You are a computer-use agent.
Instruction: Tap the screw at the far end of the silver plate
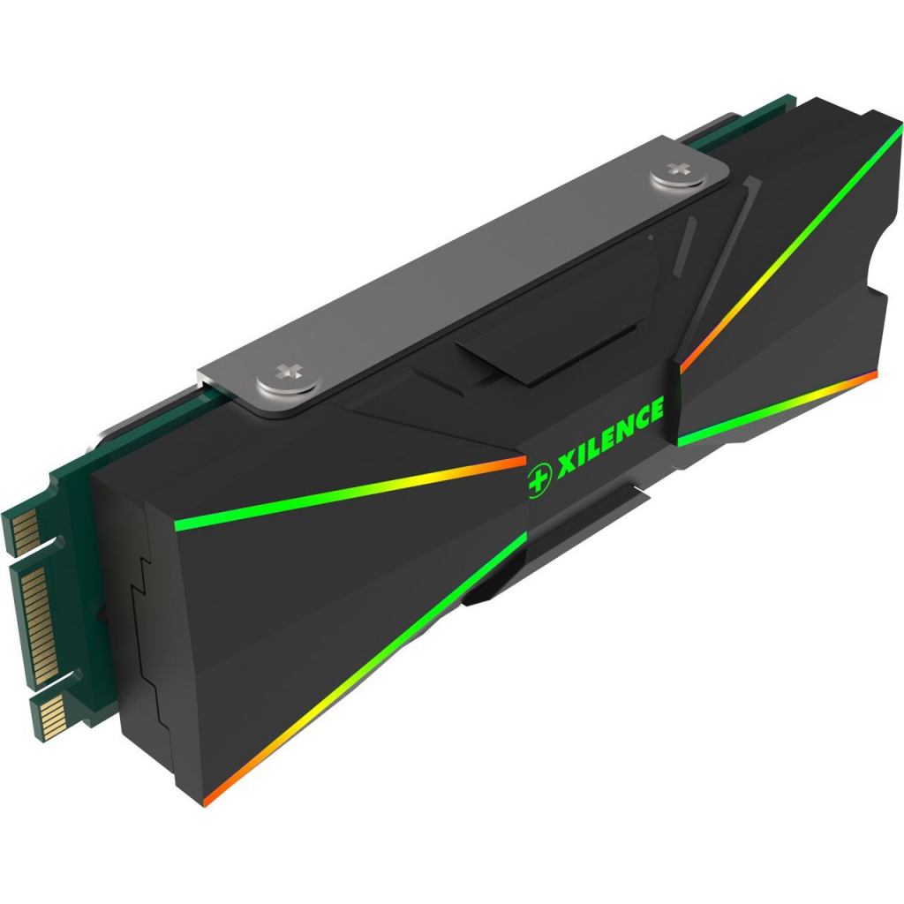679,174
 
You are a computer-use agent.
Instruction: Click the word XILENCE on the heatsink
609,432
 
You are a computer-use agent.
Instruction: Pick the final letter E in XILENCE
653,411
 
